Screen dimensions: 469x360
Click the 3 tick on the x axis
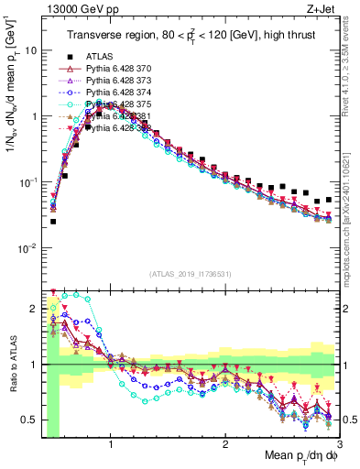(338, 442)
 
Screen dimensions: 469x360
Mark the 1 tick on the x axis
(111, 442)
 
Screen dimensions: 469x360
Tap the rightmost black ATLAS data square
(329, 199)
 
